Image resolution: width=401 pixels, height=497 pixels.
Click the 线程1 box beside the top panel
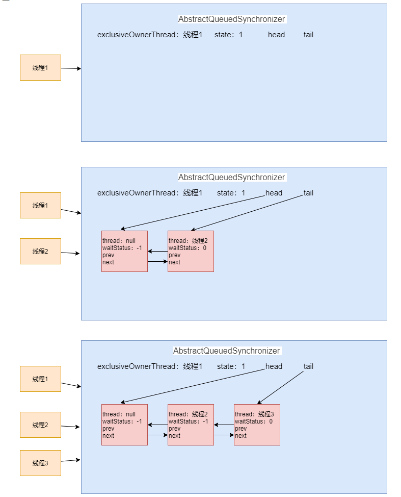[40, 67]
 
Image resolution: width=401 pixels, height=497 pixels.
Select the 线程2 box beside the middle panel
[40, 251]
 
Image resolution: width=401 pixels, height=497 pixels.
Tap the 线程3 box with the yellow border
[40, 463]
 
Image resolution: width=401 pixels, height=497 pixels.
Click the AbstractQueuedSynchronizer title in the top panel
[231, 19]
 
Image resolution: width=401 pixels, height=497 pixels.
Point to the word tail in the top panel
[308, 35]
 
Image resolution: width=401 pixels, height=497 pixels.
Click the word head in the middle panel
[274, 193]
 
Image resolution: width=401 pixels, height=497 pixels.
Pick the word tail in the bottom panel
[308, 366]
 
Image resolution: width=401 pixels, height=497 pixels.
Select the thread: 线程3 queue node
[257, 425]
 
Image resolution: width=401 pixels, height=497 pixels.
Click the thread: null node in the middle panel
[124, 251]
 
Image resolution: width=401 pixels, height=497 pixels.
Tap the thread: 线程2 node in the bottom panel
[191, 425]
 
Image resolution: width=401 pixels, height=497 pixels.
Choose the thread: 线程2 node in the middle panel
[191, 251]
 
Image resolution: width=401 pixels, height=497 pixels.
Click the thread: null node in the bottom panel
[124, 425]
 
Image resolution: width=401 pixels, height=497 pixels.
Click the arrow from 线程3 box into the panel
[71, 461]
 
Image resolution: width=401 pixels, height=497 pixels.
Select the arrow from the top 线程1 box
[71, 68]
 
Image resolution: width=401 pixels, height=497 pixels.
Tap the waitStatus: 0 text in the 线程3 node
[254, 421]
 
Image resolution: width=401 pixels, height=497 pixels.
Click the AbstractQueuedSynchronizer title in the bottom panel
[226, 351]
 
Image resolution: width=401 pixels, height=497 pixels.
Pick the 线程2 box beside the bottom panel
[40, 425]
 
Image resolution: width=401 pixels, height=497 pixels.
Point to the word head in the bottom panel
[274, 366]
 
